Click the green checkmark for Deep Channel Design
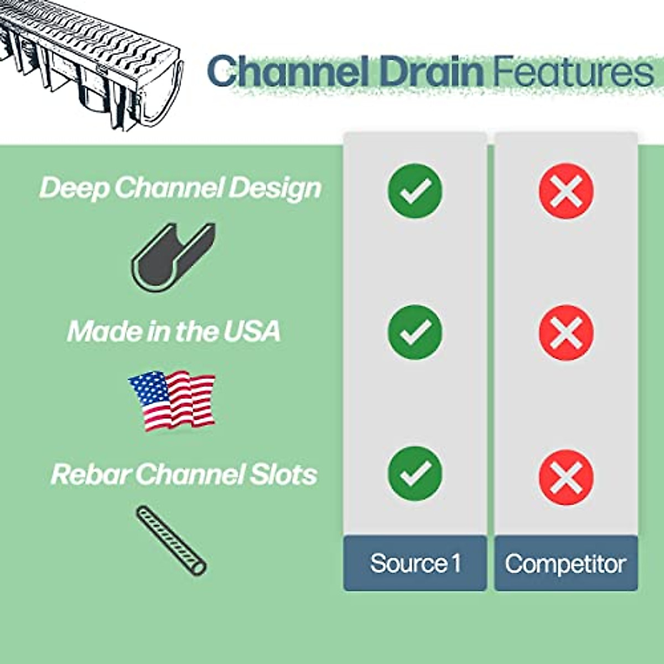point(415,190)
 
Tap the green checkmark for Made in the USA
point(415,332)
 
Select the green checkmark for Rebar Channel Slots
point(415,474)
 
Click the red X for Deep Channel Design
point(566,191)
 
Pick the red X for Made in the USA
point(566,333)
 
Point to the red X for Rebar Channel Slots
point(566,477)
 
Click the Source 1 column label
point(415,563)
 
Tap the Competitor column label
point(566,563)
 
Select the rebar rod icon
point(171,540)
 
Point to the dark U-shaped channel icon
point(173,257)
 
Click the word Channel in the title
point(288,72)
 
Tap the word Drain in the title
point(432,72)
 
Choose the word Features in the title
point(573,72)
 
